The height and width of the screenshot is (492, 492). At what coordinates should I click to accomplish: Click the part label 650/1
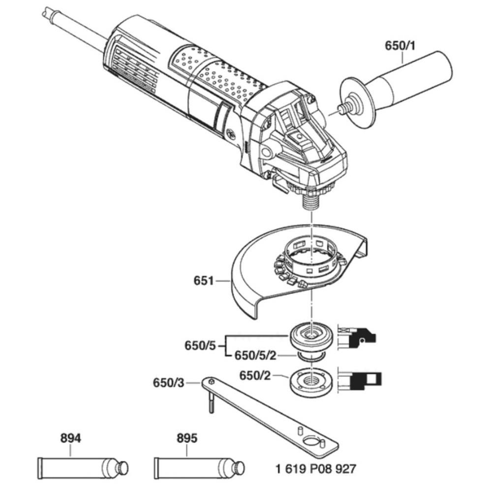(401, 46)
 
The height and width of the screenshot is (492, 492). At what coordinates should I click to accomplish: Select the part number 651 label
(203, 281)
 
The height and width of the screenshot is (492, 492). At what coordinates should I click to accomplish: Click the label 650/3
(168, 382)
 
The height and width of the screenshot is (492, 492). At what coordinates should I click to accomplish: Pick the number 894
(70, 438)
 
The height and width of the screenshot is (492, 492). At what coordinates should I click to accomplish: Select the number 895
(187, 438)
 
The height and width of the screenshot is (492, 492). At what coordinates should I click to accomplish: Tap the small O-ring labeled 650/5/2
(310, 356)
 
